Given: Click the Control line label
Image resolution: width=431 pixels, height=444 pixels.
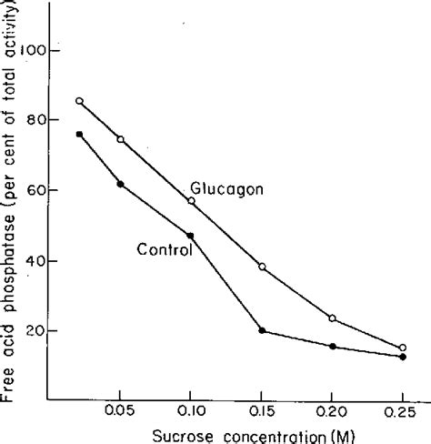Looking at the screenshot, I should click(164, 248).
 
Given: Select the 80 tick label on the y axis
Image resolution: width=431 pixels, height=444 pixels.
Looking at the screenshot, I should click(36, 118).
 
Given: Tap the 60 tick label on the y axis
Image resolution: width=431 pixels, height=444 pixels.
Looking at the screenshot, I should click(36, 190).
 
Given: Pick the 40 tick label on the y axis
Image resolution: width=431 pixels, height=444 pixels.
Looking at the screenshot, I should click(36, 261).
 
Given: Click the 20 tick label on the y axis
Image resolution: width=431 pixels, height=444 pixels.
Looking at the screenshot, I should click(36, 331).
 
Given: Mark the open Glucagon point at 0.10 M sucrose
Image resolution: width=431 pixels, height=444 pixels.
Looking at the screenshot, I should click(191, 200).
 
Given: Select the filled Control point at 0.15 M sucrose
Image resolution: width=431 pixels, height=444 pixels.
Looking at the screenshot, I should click(262, 330).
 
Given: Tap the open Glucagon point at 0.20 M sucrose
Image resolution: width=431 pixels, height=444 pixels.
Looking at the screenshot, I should click(333, 318).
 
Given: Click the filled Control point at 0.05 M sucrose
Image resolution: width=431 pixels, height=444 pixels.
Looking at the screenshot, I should click(120, 184).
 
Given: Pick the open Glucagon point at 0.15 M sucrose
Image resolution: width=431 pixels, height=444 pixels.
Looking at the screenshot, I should click(262, 267).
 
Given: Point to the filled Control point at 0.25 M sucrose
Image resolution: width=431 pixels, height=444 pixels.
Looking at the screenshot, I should click(403, 357).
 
